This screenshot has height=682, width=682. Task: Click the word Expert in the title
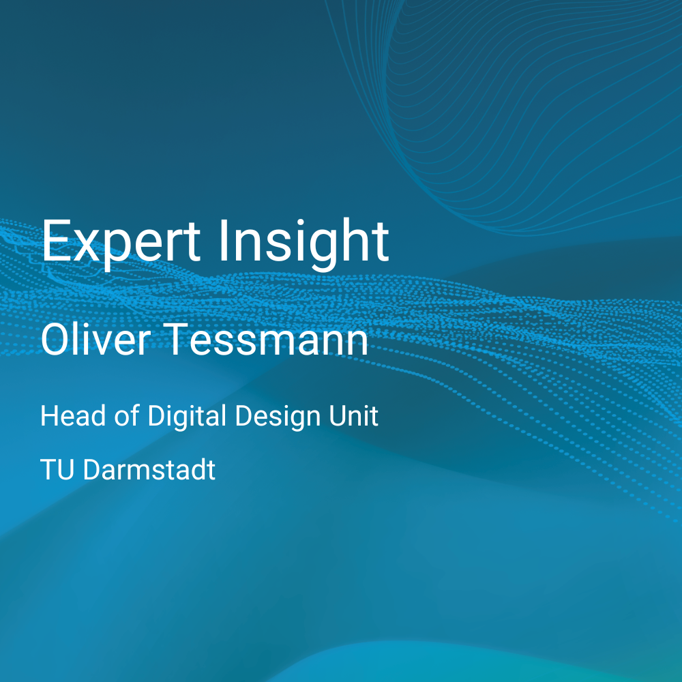point(121,243)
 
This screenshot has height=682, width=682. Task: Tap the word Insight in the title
point(303,243)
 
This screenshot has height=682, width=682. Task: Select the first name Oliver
point(95,339)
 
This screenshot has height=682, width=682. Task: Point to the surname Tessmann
point(267,340)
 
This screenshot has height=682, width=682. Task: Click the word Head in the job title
point(73,416)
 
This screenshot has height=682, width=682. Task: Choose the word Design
point(278,417)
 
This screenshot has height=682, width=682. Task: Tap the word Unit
point(353,416)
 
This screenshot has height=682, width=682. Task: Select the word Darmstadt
point(149,470)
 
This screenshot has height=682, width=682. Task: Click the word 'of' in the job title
point(127,416)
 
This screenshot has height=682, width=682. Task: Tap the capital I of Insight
point(223,241)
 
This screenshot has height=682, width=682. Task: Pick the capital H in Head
point(48,416)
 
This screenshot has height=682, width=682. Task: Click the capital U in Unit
point(338,416)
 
